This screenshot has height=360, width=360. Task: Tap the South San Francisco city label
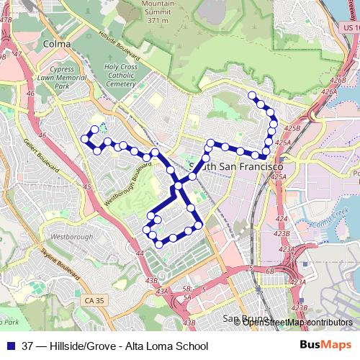[229, 166]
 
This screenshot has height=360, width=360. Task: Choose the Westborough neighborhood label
[71, 236]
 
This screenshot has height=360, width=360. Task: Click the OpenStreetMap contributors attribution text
[293, 322]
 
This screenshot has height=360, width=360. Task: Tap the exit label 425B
[292, 127]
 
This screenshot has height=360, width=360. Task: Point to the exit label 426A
[329, 91]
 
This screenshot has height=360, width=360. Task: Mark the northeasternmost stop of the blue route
[252, 95]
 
